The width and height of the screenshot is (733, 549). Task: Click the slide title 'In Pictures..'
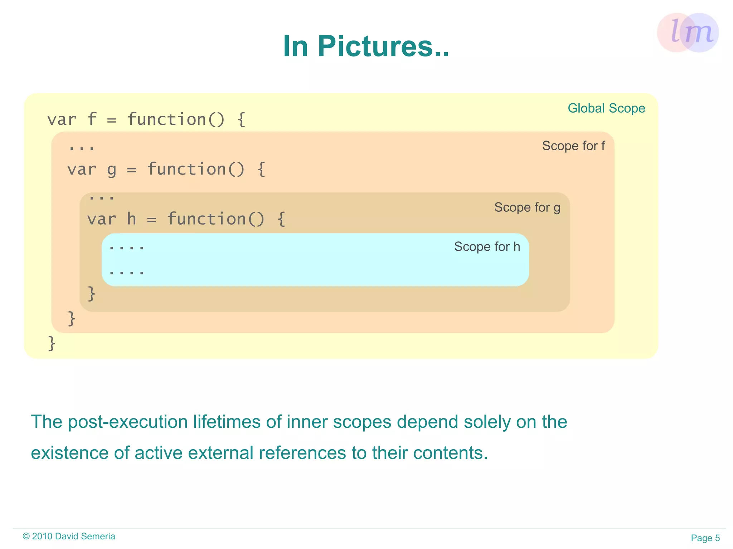[x=366, y=46]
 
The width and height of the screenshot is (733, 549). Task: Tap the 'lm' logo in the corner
[x=688, y=33]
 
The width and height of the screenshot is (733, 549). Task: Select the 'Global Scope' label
[x=606, y=108]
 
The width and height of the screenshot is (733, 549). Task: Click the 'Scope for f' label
[x=573, y=146]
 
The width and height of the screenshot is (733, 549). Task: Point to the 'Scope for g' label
[x=527, y=207]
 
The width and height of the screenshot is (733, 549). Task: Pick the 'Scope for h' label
[x=487, y=247]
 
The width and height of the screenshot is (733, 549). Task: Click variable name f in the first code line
[x=92, y=119]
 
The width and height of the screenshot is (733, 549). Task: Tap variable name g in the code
[x=112, y=170]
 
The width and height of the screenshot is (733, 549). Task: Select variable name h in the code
[x=132, y=219]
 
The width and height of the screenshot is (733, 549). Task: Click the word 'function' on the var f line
[x=166, y=119]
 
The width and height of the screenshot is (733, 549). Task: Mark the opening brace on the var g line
[x=261, y=170]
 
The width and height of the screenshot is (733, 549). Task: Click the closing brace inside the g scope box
[x=92, y=294]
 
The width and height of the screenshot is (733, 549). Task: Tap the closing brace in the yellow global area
[x=52, y=343]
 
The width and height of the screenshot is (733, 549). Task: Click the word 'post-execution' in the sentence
[x=128, y=422]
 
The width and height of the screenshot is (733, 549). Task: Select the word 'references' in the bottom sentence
[x=302, y=453]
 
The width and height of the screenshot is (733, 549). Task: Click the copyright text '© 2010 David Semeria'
[x=69, y=536]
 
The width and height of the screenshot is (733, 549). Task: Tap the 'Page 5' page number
[x=705, y=538]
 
